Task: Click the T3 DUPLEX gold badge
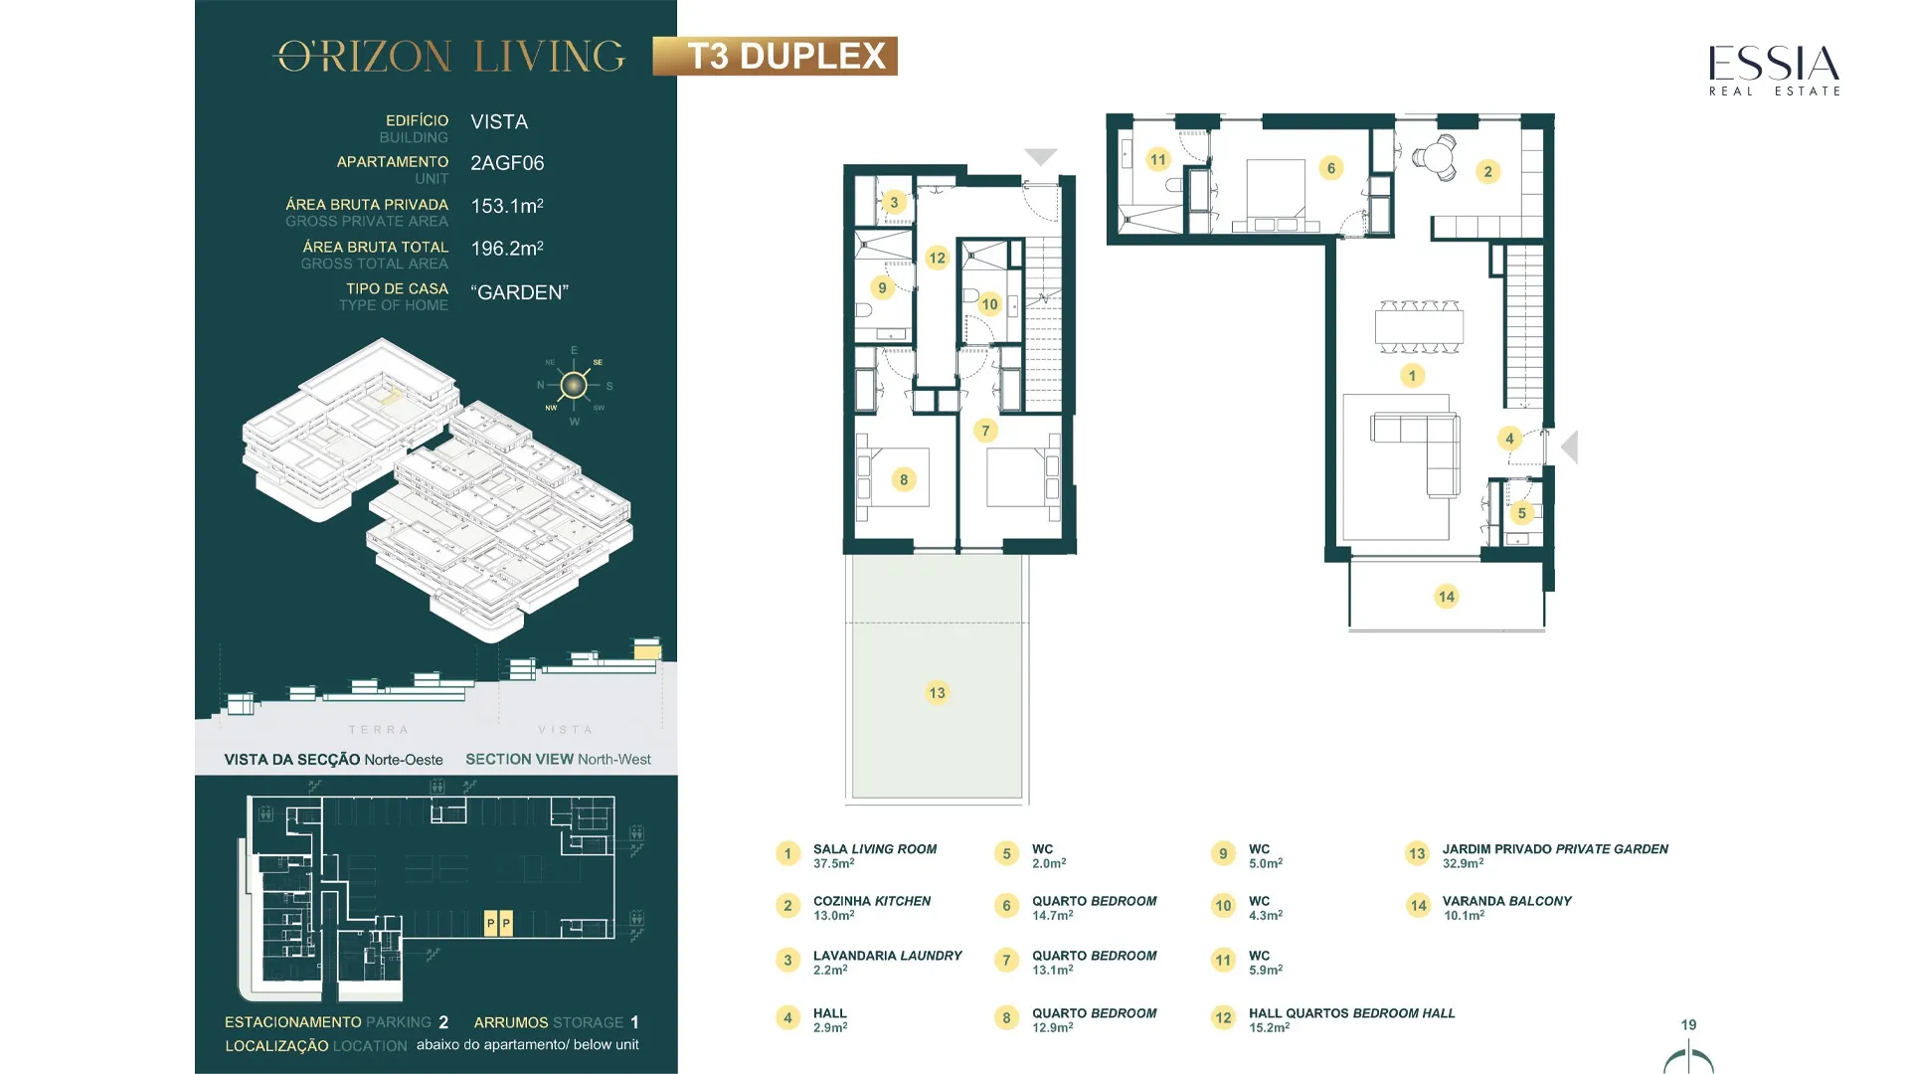pyautogui.click(x=775, y=57)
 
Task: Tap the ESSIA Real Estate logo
pyautogui.click(x=1774, y=71)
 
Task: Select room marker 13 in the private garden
pyautogui.click(x=937, y=693)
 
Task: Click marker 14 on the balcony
pyautogui.click(x=1446, y=597)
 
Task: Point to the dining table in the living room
pyautogui.click(x=1419, y=327)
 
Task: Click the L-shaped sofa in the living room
pyautogui.click(x=1416, y=454)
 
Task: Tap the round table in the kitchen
pyautogui.click(x=1435, y=157)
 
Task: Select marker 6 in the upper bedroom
pyautogui.click(x=1331, y=168)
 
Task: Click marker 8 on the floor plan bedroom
pyautogui.click(x=904, y=479)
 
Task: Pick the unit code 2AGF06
pyautogui.click(x=507, y=163)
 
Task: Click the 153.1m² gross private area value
pyautogui.click(x=507, y=206)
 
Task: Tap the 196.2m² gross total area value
pyautogui.click(x=507, y=249)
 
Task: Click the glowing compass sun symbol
pyautogui.click(x=574, y=385)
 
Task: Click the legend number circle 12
pyautogui.click(x=1223, y=1017)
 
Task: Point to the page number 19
pyautogui.click(x=1688, y=1025)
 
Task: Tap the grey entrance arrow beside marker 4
pyautogui.click(x=1569, y=447)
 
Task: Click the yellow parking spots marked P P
pyautogui.click(x=498, y=924)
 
